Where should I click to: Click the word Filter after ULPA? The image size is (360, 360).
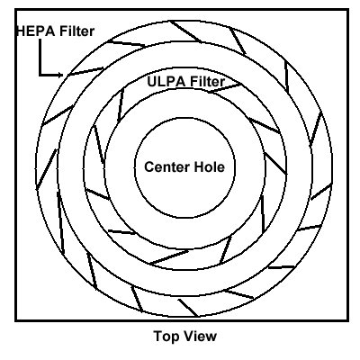208,81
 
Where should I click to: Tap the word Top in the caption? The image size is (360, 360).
166,337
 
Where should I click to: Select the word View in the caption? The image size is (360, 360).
200,336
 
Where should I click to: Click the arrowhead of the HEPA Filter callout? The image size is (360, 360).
60,75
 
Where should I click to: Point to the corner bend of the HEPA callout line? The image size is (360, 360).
40,75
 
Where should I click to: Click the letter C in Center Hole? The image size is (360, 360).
149,166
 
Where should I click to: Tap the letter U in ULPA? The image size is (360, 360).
152,81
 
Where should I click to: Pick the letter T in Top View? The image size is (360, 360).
158,336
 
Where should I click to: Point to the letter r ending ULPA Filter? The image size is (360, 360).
222,83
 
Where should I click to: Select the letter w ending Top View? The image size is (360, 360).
211,337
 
